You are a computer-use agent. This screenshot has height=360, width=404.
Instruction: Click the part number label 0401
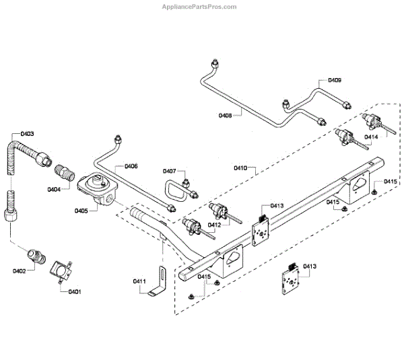tap(74, 291)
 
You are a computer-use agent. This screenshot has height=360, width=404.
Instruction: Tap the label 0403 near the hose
tap(27, 134)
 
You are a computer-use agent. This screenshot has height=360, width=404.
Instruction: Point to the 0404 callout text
tap(53, 189)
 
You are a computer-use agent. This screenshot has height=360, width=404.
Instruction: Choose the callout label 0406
tap(131, 166)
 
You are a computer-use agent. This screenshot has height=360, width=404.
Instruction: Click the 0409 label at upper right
tap(334, 80)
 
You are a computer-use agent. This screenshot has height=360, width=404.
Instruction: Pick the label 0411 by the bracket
tap(139, 281)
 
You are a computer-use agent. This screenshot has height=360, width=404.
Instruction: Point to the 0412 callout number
tap(214, 225)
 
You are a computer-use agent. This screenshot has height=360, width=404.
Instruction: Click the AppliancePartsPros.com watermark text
tap(200, 7)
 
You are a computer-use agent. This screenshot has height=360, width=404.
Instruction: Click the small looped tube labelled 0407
tap(175, 190)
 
